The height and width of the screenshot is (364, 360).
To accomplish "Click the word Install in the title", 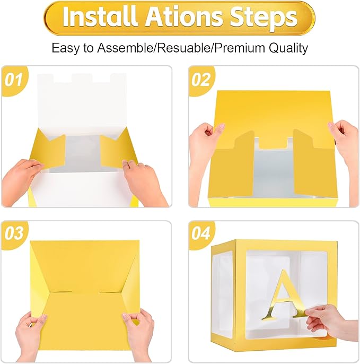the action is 99,16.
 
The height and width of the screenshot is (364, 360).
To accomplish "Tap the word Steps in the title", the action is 264,18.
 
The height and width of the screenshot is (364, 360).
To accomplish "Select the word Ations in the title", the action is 183,17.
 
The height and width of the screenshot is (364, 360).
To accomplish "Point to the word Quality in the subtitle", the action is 288,48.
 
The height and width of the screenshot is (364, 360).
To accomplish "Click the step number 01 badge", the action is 14,80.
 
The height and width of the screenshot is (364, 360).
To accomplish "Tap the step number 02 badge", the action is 201,80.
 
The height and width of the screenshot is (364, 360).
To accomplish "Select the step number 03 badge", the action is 14,233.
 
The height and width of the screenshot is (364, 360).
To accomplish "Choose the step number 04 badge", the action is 201,233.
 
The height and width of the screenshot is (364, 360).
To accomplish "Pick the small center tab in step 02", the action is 273,143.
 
